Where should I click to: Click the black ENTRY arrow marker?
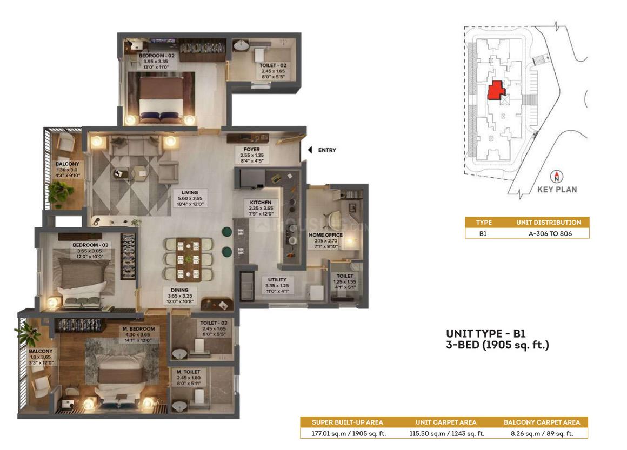[310, 150]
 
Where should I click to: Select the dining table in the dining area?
[188, 260]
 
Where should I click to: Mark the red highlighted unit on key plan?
[496, 90]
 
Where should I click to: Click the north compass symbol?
[557, 176]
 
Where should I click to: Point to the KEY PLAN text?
[557, 190]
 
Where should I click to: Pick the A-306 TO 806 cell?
[550, 233]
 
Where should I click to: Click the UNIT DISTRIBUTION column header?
[549, 222]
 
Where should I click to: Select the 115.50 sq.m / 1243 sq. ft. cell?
[446, 433]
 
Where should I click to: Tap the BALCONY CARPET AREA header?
[542, 422]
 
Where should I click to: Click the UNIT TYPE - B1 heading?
[486, 334]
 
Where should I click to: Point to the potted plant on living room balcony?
[61, 191]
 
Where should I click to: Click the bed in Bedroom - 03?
[82, 280]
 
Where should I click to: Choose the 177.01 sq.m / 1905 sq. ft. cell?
[349, 433]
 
